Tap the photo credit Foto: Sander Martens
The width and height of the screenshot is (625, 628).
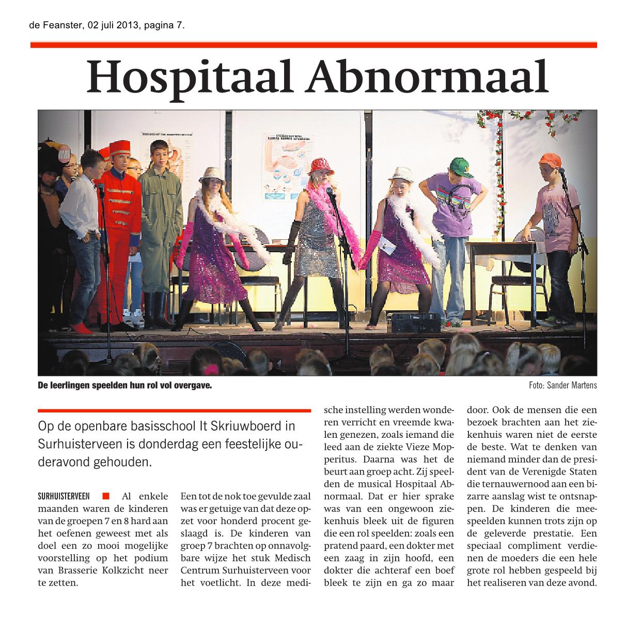point(562,386)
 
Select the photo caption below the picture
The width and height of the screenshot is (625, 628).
point(125,386)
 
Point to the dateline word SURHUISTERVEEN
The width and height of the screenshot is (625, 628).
point(67,497)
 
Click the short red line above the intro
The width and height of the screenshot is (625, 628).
point(175,411)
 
